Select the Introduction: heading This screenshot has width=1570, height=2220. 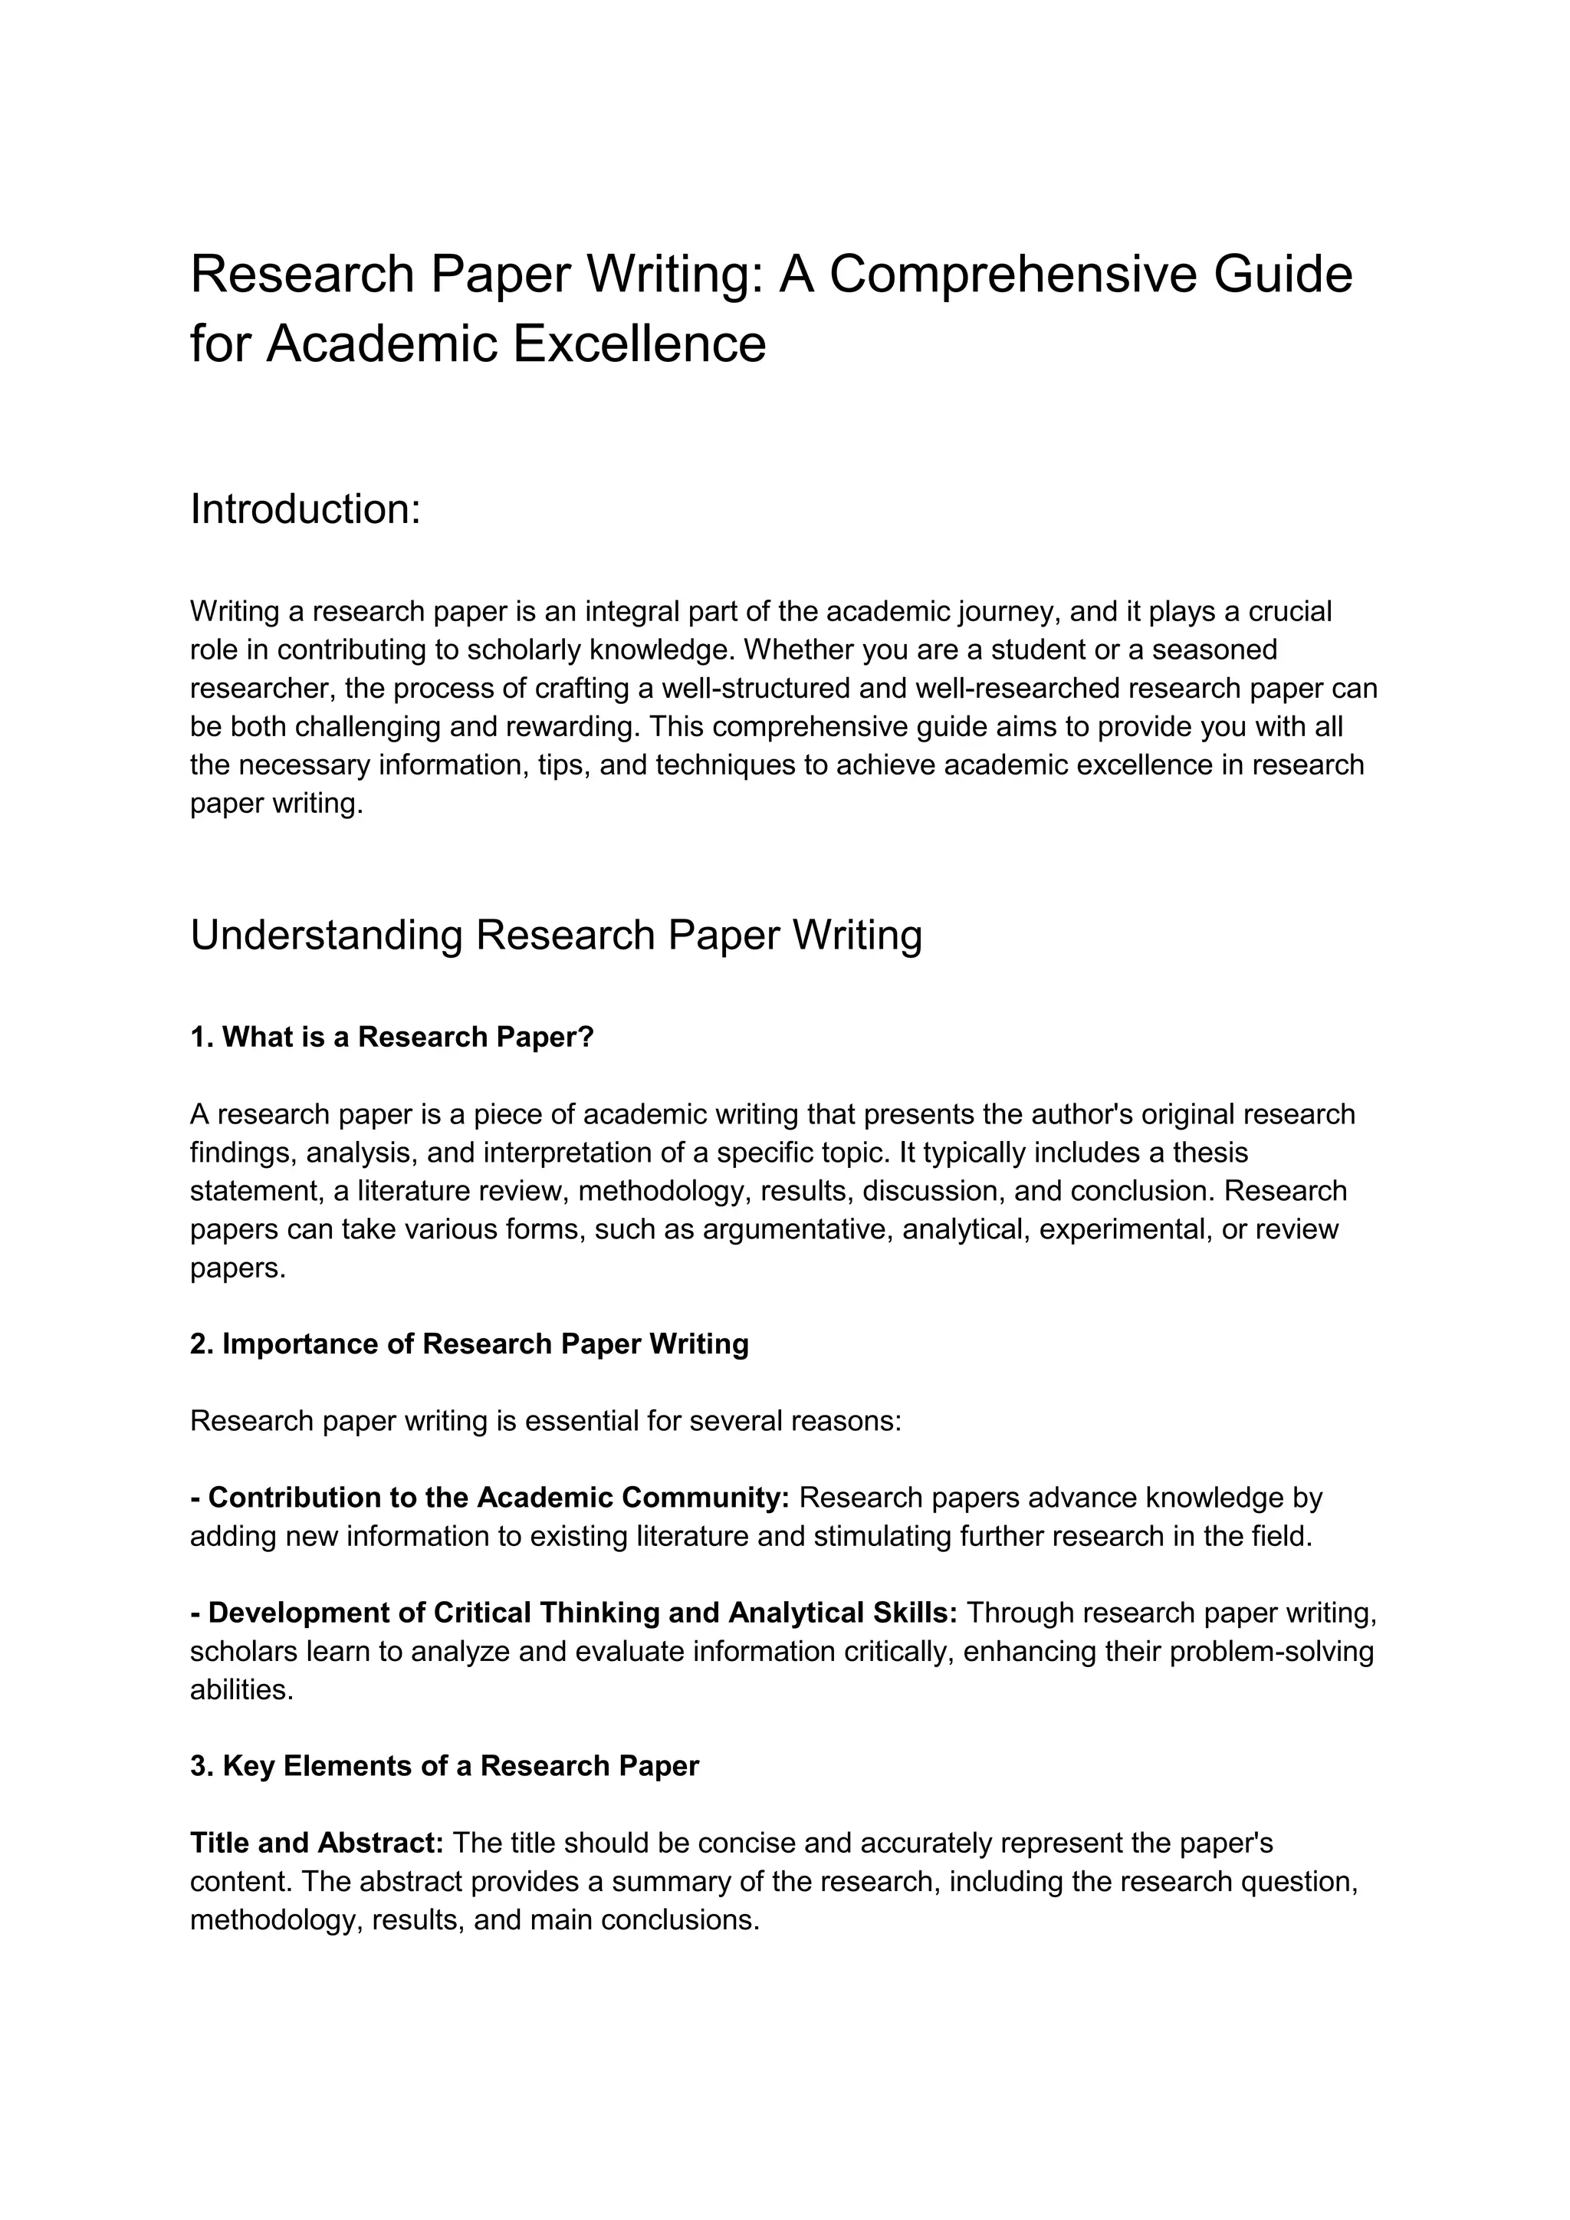tap(306, 509)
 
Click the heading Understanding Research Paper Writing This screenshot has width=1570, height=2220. tap(556, 935)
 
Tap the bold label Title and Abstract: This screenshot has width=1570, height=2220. tap(316, 1843)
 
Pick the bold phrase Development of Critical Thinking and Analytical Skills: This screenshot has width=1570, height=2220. tap(573, 1613)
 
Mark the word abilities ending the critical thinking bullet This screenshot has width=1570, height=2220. tap(241, 1689)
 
